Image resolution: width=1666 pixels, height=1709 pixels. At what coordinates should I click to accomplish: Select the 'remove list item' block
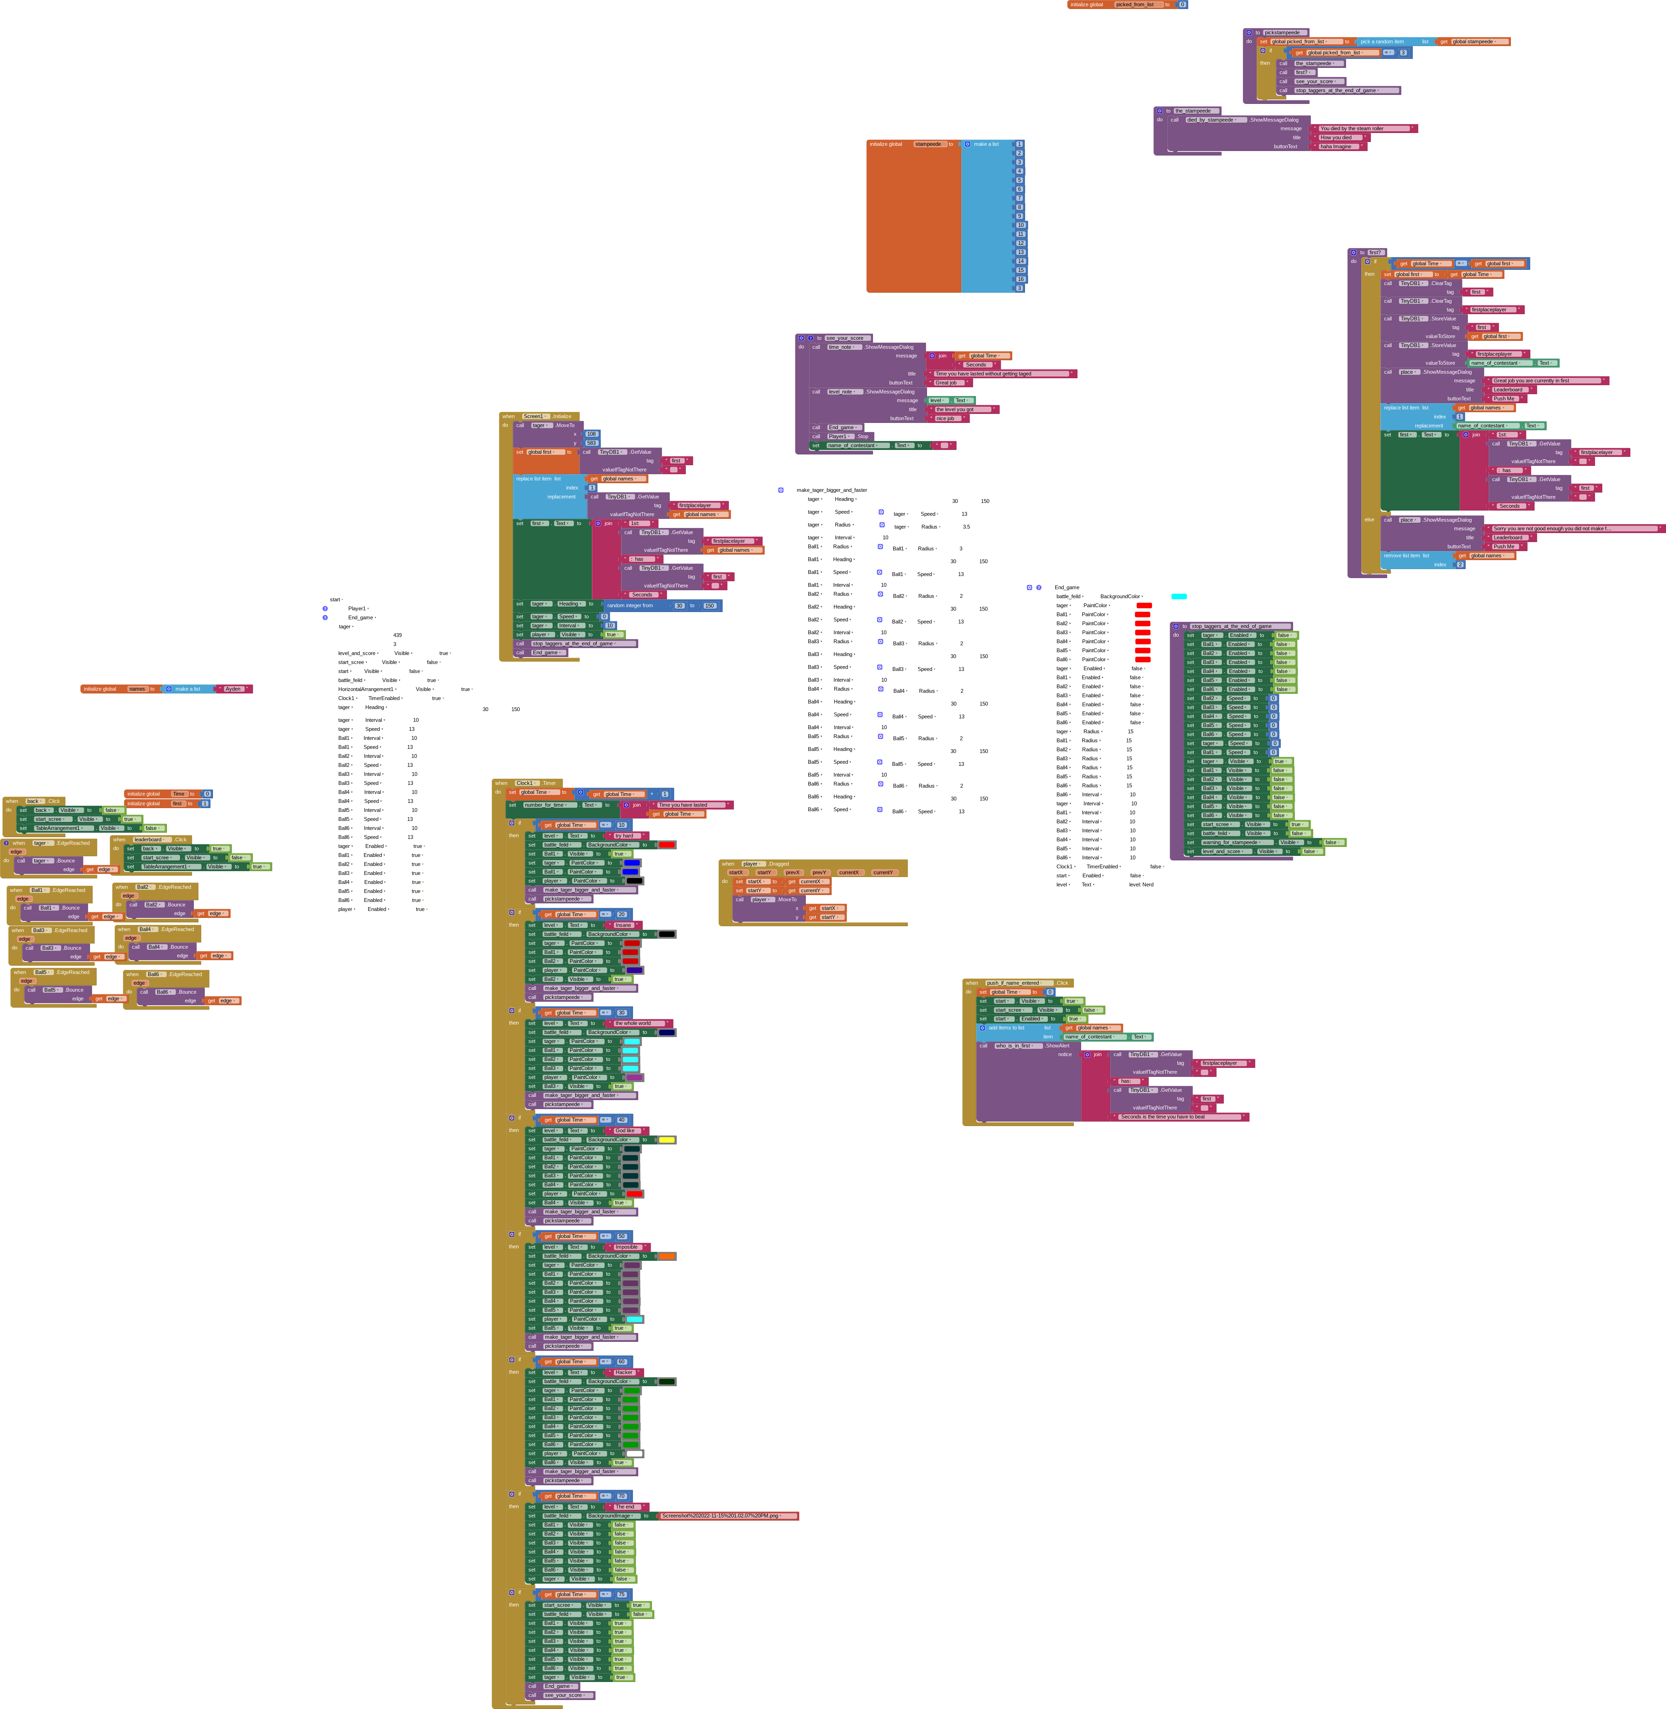1406,556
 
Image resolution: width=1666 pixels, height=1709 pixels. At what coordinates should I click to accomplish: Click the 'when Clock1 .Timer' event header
525,783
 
